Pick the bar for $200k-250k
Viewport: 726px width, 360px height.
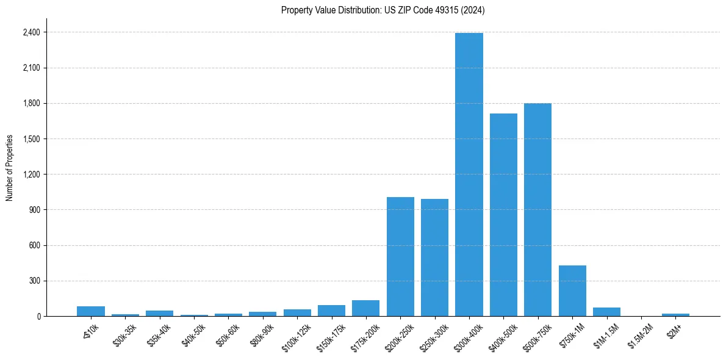coord(400,256)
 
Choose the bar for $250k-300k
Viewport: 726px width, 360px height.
coord(434,257)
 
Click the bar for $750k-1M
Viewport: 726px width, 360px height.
coord(572,290)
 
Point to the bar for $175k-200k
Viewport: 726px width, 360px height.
coord(365,308)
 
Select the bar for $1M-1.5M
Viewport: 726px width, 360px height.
coord(606,312)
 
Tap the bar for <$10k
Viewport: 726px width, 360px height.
coord(91,311)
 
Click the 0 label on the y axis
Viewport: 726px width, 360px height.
coord(39,317)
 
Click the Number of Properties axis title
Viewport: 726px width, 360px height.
coord(9,168)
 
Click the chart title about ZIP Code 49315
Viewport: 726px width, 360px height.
coord(383,10)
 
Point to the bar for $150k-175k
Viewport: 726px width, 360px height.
coord(331,311)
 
